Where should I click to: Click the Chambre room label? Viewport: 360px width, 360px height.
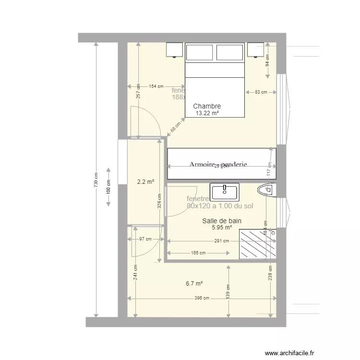tap(207, 107)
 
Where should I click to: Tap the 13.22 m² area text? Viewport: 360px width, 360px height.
tap(207, 114)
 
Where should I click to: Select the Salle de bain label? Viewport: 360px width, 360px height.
tap(221, 221)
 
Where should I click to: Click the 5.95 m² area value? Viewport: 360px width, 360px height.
tap(221, 228)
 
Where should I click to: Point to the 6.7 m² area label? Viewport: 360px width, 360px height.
tap(194, 284)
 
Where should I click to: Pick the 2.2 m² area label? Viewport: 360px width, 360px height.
tap(145, 182)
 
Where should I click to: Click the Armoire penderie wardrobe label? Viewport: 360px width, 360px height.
tap(218, 164)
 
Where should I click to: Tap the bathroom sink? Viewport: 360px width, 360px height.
tap(225, 192)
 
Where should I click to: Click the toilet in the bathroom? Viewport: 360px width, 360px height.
tap(266, 191)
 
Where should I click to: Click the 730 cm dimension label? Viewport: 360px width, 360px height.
tap(96, 180)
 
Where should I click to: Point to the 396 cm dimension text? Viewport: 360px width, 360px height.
tap(202, 298)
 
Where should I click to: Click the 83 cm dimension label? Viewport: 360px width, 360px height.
tap(261, 92)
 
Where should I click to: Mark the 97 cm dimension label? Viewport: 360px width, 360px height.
tap(145, 239)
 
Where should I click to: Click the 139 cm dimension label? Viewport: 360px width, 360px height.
tap(228, 290)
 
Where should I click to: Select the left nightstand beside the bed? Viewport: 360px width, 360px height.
tap(175, 49)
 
